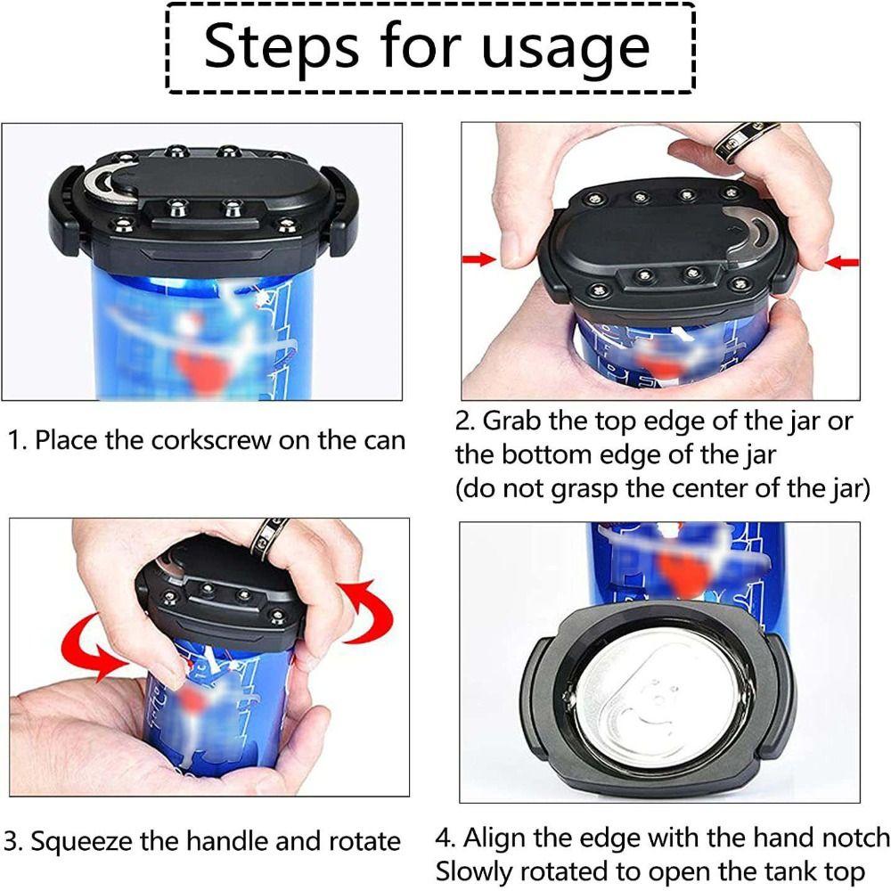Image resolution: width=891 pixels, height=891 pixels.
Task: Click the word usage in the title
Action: point(560,48)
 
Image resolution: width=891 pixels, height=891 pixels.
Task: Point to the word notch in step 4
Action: point(849,837)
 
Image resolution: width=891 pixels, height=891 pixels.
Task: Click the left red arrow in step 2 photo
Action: point(479,259)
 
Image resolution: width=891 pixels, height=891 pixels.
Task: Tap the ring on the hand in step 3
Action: point(266,537)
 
